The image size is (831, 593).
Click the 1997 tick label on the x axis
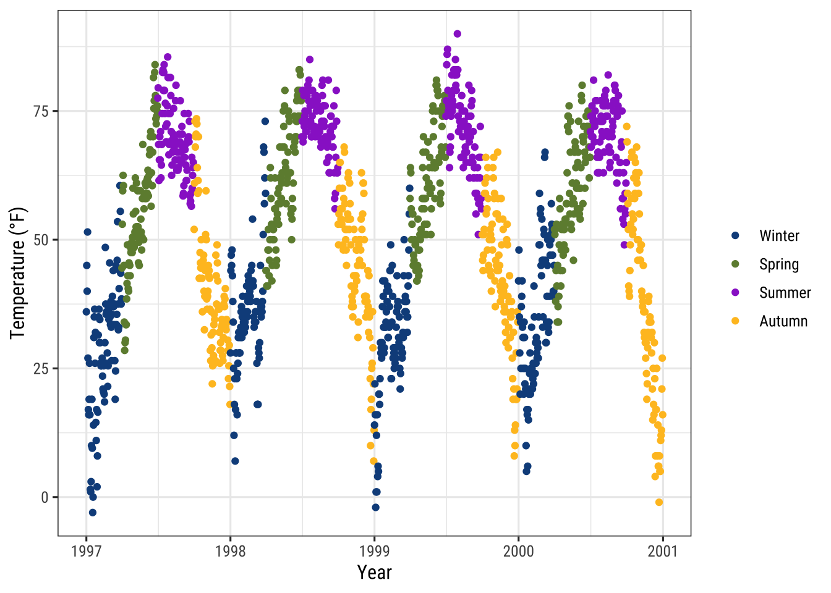coord(86,551)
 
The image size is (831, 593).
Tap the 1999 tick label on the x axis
coord(374,551)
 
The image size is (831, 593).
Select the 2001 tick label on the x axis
coord(662,551)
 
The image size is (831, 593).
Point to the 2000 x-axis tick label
coord(518,551)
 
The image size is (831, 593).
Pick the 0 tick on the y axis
coord(45,497)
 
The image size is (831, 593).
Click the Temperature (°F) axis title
coord(18,273)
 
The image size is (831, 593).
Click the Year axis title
coord(374,573)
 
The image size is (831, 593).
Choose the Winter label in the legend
coord(779,236)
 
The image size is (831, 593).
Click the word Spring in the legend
coord(779,264)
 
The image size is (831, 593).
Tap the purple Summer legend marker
coord(735,293)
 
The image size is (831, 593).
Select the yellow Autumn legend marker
coord(735,321)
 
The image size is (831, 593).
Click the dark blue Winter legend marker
coord(735,236)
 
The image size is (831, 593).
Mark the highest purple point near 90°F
coord(457,34)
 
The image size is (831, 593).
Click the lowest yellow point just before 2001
coord(658,502)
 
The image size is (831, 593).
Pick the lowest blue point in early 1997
coord(92,512)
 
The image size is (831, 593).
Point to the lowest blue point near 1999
coord(375,507)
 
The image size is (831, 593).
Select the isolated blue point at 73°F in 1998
coord(265,121)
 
